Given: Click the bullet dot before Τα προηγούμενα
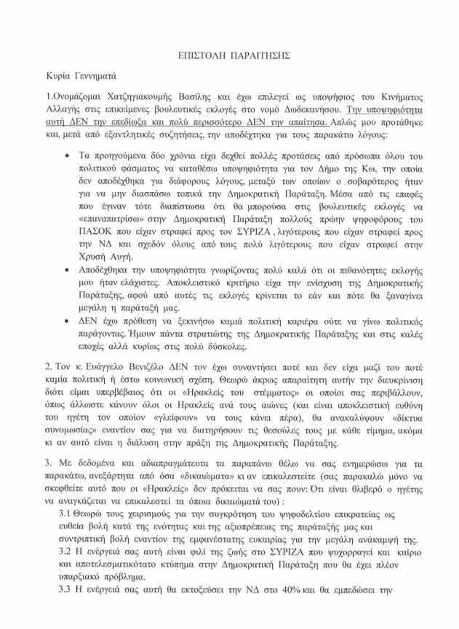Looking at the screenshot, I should [x=68, y=156].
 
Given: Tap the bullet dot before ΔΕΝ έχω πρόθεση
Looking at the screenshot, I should [x=68, y=318].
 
